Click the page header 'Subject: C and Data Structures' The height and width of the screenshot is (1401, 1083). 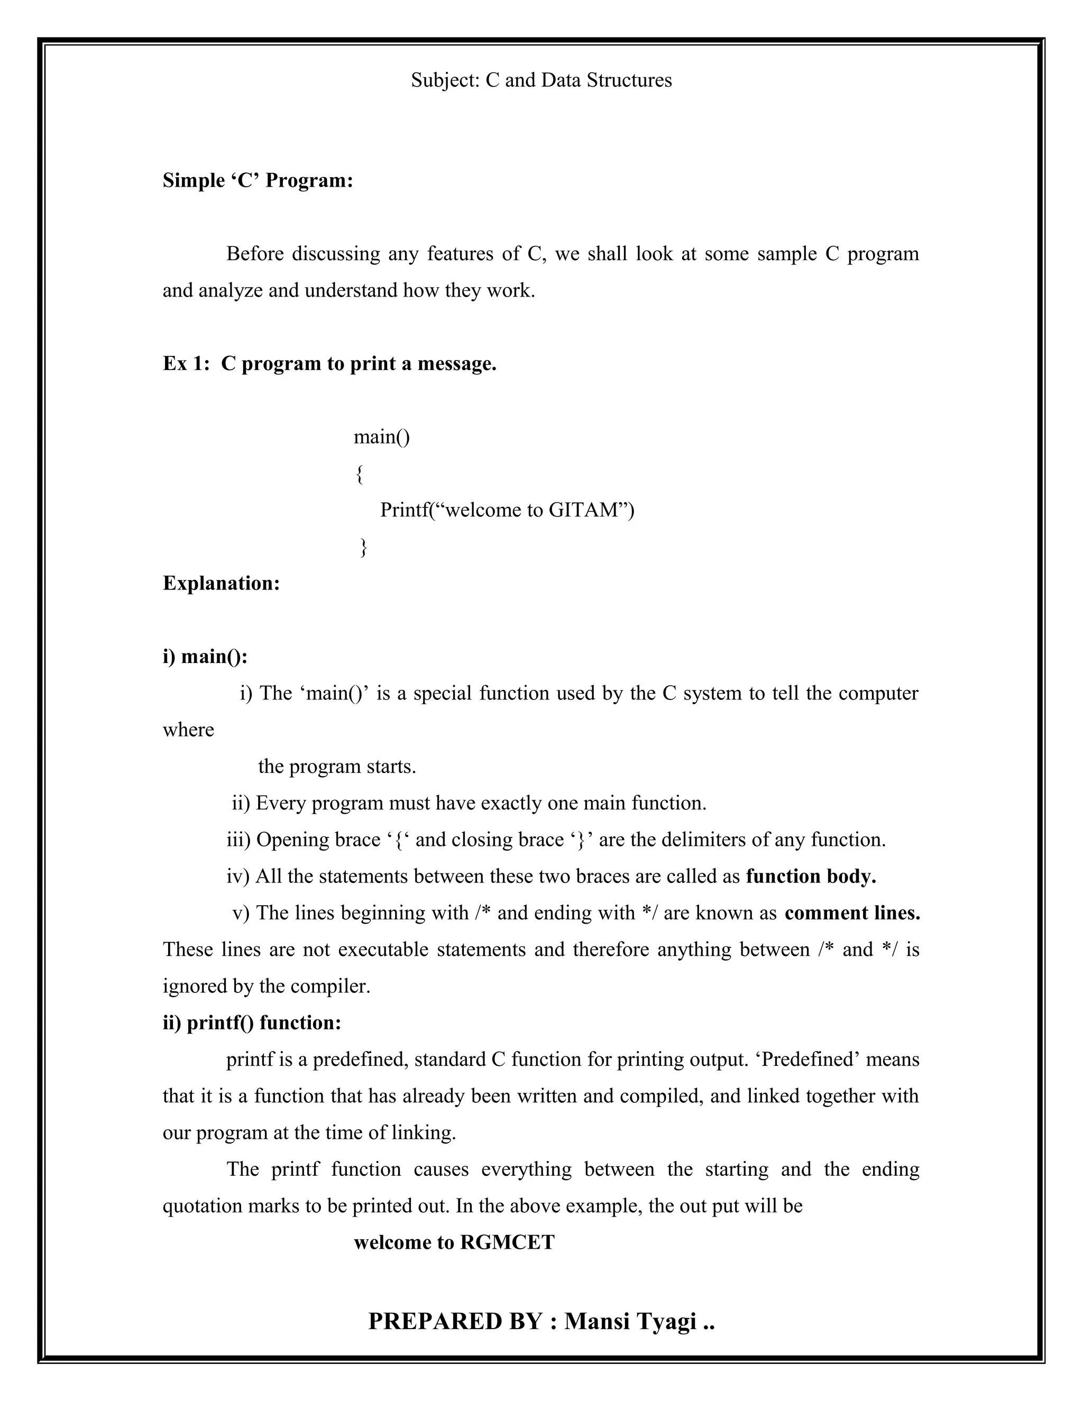point(541,80)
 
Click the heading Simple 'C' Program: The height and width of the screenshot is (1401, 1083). point(258,181)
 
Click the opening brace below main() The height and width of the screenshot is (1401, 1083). point(359,474)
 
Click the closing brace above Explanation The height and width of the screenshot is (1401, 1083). point(363,547)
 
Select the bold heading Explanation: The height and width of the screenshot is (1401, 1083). point(222,583)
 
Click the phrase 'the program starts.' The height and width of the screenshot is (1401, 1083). point(337,767)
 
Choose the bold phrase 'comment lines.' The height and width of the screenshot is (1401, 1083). point(851,913)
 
